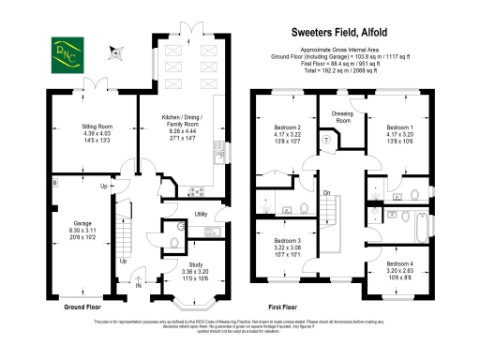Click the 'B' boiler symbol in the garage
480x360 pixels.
click(x=54, y=181)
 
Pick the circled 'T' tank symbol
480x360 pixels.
click(x=326, y=138)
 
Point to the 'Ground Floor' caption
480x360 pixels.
click(x=82, y=307)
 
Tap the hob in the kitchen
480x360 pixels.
click(x=196, y=192)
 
